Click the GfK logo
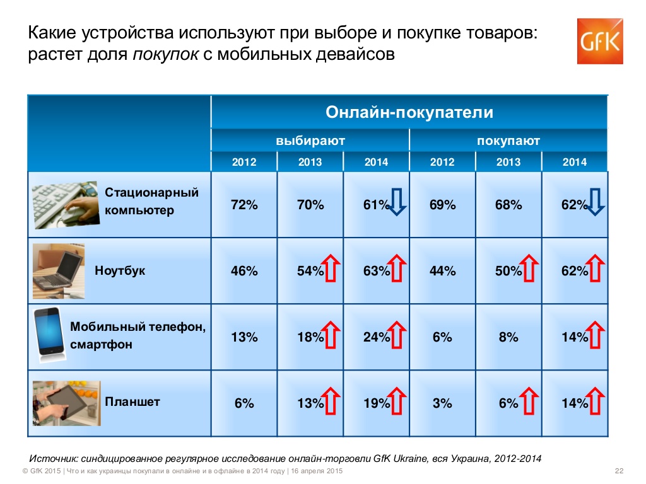[x=600, y=41]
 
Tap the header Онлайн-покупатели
[x=409, y=113]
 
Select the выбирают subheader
[x=310, y=141]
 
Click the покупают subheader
[x=508, y=141]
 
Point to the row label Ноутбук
[x=120, y=271]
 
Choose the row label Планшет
[x=132, y=401]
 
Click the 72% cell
[x=244, y=205]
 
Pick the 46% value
[x=244, y=271]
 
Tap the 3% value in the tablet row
[x=442, y=403]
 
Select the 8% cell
[x=508, y=337]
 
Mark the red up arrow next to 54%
[x=332, y=269]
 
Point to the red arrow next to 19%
[x=398, y=401]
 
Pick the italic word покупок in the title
[x=165, y=54]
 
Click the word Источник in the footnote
[x=55, y=458]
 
